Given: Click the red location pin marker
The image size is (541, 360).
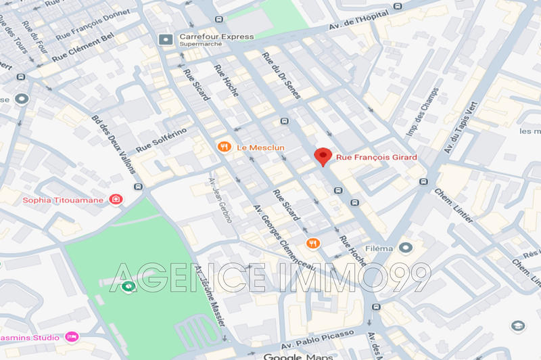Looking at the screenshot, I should tap(324, 156).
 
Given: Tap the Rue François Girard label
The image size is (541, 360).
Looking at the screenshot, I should tap(376, 158).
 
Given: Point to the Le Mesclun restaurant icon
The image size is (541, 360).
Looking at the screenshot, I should tap(223, 147).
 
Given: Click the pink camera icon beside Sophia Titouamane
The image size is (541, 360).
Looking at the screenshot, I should tap(116, 199).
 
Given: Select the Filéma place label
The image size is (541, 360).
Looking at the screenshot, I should tap(379, 248).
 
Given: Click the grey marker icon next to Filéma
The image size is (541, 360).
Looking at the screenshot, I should tap(405, 248).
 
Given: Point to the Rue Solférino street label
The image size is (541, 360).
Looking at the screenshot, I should tap(161, 139).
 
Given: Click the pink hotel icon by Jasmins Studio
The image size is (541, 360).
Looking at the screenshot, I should tap(72, 336).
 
